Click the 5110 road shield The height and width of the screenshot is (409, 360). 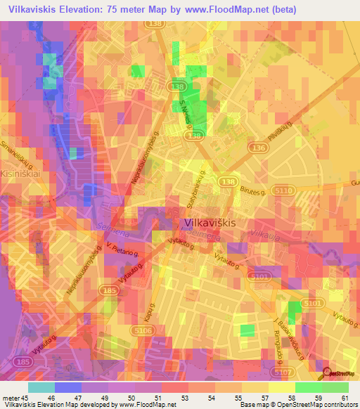285,190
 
